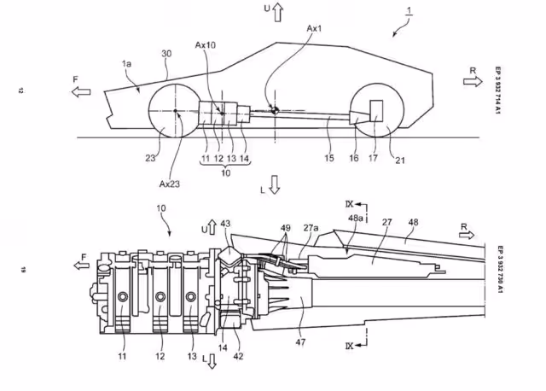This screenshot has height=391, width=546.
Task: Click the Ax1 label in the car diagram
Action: (x=314, y=28)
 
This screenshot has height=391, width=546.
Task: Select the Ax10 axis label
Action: (x=205, y=45)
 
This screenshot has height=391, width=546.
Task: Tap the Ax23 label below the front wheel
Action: (x=170, y=184)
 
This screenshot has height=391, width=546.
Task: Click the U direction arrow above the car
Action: (x=277, y=12)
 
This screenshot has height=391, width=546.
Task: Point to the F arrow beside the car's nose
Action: (x=81, y=91)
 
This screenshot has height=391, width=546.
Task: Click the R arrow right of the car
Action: (x=473, y=82)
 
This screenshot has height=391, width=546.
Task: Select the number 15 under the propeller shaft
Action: (x=329, y=158)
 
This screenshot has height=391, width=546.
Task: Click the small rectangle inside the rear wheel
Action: (x=376, y=111)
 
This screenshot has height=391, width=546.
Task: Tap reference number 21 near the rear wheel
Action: (x=400, y=160)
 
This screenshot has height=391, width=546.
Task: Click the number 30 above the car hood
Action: (x=167, y=54)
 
